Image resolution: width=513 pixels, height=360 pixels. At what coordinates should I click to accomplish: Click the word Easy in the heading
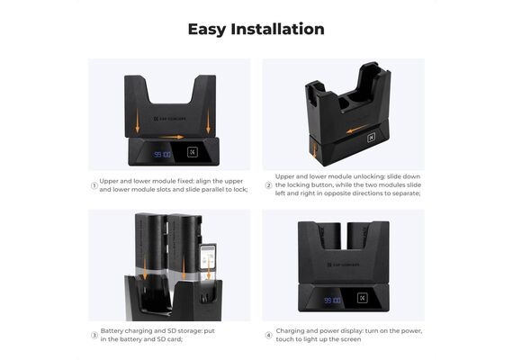point(207,30)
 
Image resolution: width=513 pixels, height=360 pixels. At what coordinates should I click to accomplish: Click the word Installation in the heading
point(278,29)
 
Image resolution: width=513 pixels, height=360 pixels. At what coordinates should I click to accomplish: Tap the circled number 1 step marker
point(94,185)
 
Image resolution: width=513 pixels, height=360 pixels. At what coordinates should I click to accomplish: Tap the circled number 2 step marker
point(268,185)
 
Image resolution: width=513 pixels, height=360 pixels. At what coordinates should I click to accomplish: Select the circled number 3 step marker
point(94,336)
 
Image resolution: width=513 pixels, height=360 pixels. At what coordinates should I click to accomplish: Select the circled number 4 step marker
point(268,336)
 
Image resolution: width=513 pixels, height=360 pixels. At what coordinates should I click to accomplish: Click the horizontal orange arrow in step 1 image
point(172,137)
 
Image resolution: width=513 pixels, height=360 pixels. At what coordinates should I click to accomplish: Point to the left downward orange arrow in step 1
point(138,121)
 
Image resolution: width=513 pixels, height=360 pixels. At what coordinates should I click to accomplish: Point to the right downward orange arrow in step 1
point(208,121)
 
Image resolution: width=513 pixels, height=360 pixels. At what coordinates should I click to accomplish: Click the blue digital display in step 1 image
point(162,154)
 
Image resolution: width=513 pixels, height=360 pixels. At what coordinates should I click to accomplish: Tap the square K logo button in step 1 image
point(193,152)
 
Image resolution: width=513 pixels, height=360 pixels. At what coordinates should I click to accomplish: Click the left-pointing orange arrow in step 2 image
point(357,129)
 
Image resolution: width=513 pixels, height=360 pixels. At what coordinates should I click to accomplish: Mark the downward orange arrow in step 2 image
point(315,150)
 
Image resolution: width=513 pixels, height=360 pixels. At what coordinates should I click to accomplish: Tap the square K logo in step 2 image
point(371,138)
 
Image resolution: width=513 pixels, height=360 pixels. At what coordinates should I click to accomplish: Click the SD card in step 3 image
point(208,256)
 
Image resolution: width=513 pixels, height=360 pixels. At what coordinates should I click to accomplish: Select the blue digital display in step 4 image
point(333,300)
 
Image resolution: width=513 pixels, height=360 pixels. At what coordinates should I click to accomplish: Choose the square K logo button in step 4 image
point(362,298)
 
